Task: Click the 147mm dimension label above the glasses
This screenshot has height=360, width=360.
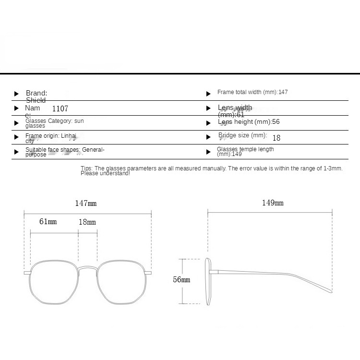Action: tap(85, 203)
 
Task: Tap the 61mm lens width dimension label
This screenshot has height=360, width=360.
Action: tap(48, 222)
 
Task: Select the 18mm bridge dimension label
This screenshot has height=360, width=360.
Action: tap(87, 222)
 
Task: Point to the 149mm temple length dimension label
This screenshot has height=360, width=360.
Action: tap(272, 203)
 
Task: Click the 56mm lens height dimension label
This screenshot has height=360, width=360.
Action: tap(181, 279)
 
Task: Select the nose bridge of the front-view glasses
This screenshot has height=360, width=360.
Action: tap(87, 267)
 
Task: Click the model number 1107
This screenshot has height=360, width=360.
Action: tap(60, 109)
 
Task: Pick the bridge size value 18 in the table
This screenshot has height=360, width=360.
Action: tap(276, 138)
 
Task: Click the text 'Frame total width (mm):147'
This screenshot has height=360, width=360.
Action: tap(252, 92)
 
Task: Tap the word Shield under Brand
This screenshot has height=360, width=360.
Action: tap(36, 100)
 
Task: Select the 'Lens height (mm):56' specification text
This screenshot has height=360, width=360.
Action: tap(249, 122)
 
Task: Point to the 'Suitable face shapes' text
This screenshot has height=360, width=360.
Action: tap(53, 150)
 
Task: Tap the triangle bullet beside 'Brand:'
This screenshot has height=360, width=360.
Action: tap(16, 94)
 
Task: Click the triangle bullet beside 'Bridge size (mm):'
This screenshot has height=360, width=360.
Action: tap(208, 137)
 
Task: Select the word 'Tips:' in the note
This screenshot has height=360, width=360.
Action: tap(86, 168)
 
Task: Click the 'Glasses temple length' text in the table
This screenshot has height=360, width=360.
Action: tap(246, 149)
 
